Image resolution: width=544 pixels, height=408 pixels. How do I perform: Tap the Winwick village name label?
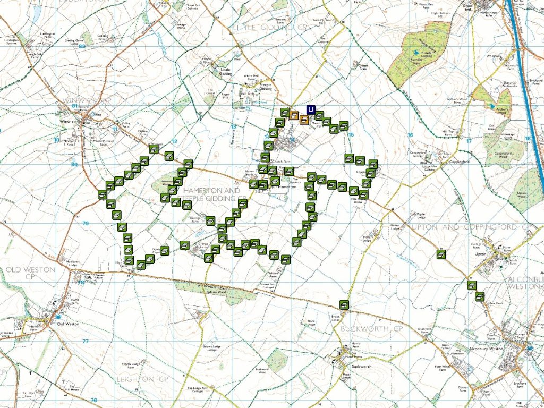click(x=69, y=121)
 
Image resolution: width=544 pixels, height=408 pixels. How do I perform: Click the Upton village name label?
click(x=481, y=254)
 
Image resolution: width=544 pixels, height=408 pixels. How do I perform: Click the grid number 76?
click(x=93, y=400)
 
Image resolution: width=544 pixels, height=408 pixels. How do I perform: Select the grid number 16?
click(x=410, y=135)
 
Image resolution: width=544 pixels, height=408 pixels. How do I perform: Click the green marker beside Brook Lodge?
click(x=344, y=304)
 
